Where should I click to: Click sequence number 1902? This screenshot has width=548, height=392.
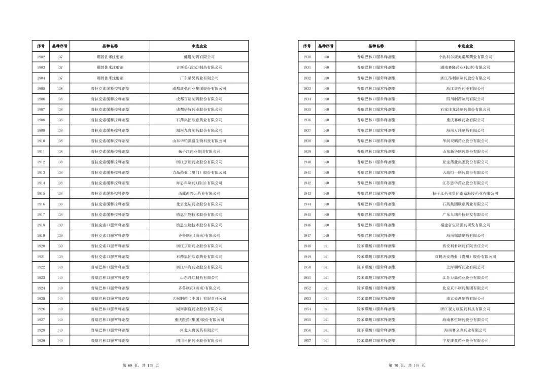41,57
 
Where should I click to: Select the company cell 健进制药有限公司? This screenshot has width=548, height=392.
199,57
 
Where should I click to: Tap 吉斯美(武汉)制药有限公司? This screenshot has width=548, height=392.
199,67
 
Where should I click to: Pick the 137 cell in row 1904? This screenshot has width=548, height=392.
60,78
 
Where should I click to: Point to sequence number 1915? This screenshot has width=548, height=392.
41,193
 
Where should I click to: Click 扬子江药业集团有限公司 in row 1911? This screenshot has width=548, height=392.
199,152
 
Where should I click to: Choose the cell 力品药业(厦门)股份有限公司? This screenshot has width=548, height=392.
199,172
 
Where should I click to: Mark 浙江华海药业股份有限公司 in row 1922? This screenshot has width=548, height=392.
199,267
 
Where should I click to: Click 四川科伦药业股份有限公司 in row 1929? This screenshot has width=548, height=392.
199,340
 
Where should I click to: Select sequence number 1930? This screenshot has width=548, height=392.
307,57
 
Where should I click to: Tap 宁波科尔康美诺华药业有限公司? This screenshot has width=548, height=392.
465,57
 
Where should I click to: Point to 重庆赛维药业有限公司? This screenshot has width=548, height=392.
465,120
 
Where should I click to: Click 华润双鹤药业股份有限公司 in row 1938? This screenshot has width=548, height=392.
465,141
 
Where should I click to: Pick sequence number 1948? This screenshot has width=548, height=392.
307,246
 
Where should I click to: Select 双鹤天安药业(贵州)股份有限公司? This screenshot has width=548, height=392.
465,257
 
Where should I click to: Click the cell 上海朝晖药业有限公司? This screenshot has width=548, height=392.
465,267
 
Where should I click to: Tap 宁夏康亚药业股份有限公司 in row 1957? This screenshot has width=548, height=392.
465,340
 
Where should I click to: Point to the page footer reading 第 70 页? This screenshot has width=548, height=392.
406,366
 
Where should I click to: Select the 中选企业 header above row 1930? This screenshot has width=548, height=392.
465,46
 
